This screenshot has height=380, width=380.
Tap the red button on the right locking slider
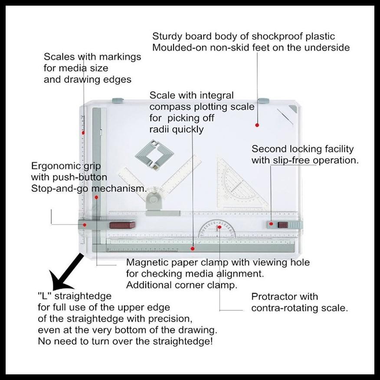pos(282,225)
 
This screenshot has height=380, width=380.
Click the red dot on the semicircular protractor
pos(219,227)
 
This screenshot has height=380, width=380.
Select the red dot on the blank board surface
pos(257,125)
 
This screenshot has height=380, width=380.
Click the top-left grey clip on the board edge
pos(118,101)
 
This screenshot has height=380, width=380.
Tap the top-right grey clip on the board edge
pos(263,101)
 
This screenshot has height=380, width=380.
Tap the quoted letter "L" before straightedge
pos(44,296)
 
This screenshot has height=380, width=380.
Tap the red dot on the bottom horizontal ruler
pos(193,248)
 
